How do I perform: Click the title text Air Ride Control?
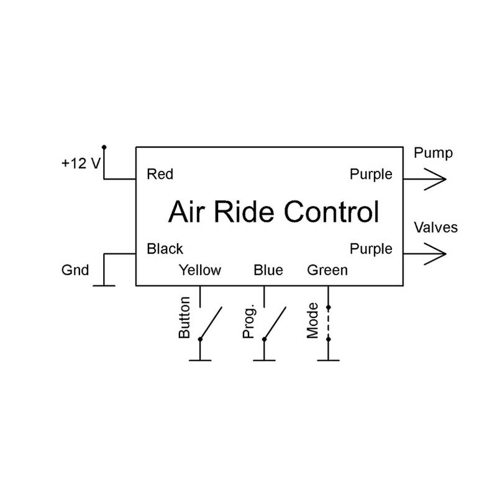(273, 212)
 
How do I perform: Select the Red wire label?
(160, 175)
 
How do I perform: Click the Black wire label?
(165, 249)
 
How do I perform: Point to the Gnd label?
(75, 271)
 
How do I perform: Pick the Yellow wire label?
(199, 270)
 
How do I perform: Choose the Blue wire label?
(268, 270)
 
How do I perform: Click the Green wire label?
(327, 270)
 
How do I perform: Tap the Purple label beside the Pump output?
(371, 175)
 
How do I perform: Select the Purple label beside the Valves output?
(371, 249)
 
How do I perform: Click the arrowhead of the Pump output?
(437, 180)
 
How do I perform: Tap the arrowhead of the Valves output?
(437, 254)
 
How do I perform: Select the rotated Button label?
(185, 321)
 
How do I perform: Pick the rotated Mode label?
(313, 321)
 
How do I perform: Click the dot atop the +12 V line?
(104, 147)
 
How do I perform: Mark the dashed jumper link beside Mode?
(328, 323)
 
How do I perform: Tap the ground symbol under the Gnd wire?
(104, 285)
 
